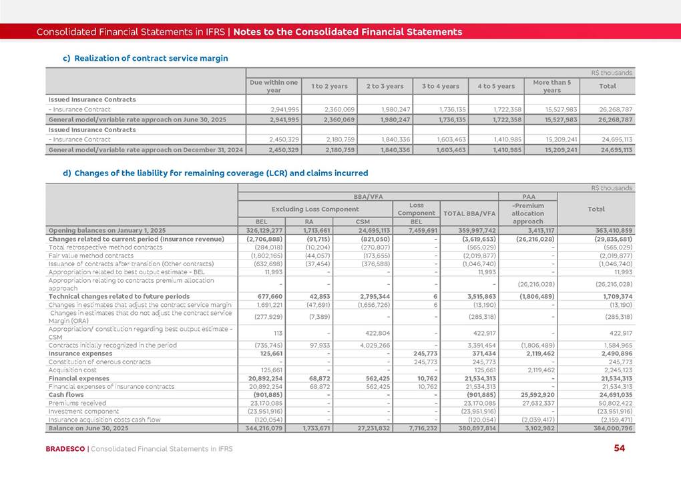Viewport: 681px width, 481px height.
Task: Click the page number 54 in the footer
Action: pos(619,448)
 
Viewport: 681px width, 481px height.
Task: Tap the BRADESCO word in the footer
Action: pos(65,449)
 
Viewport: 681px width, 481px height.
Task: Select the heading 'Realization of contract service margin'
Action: pos(151,59)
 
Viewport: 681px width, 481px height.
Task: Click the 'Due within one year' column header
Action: pos(273,85)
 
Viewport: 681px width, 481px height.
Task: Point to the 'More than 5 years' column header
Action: pos(551,85)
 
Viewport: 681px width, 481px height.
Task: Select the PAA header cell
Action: pos(528,197)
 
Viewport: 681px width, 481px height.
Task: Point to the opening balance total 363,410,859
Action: pos(610,230)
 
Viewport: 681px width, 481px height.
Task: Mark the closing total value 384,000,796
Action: pos(610,428)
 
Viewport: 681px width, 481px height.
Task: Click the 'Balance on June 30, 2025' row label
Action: pos(88,428)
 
